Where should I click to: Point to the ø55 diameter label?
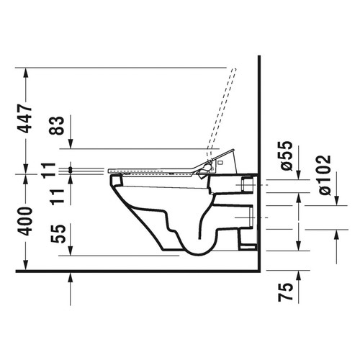pos(285,156)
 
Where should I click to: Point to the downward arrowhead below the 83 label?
pos(70,144)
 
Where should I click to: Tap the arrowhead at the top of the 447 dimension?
pos(25,72)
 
